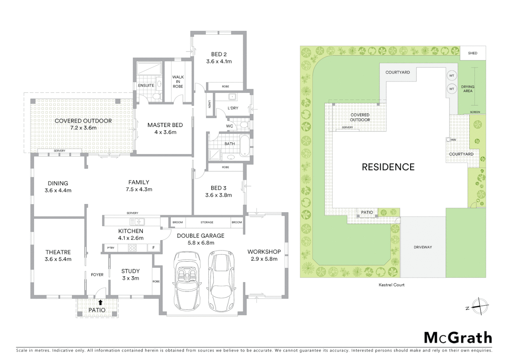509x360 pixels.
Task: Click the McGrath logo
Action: (x=458, y=338)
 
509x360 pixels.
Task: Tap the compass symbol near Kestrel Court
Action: (x=480, y=306)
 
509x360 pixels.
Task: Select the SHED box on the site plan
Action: (x=472, y=53)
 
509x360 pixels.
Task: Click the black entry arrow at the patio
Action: (x=100, y=303)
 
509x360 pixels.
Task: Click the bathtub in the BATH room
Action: (x=245, y=145)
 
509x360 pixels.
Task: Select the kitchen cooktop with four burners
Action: (x=132, y=248)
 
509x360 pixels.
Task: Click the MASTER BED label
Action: (x=165, y=125)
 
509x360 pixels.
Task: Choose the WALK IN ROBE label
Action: (x=178, y=82)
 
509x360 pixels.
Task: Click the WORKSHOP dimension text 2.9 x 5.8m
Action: (x=264, y=259)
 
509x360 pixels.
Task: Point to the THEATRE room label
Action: (x=58, y=252)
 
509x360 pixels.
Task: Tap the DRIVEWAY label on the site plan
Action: (x=423, y=247)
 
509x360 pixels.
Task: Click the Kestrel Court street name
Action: (x=391, y=285)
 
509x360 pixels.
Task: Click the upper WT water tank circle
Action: (x=452, y=76)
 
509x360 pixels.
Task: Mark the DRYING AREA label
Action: (x=468, y=89)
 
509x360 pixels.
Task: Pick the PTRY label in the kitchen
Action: (x=111, y=248)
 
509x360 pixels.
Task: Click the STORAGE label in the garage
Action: (x=207, y=222)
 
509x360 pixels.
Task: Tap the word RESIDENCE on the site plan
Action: (x=388, y=167)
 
